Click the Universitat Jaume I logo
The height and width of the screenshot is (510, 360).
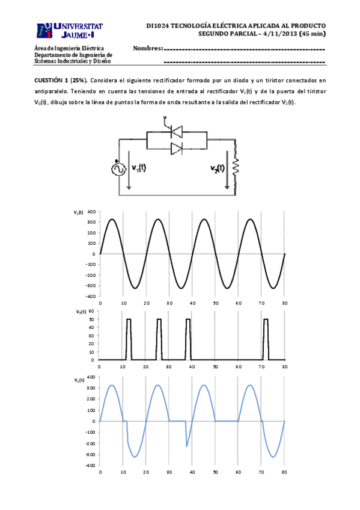(x=70, y=30)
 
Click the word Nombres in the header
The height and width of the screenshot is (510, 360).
(x=147, y=48)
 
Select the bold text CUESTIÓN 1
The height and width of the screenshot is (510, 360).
(x=51, y=81)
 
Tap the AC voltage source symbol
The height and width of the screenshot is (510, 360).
(x=118, y=169)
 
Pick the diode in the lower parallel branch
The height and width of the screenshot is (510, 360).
(x=177, y=149)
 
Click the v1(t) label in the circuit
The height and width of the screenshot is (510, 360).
(x=139, y=168)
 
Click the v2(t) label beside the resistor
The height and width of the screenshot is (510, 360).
(x=218, y=168)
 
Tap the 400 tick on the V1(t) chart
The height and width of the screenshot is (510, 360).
(x=91, y=212)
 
